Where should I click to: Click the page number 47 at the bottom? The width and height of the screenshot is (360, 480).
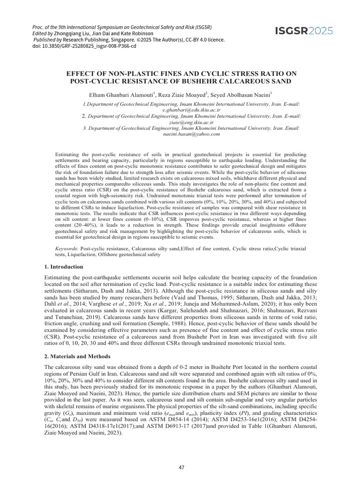pyautogui.click(x=180, y=468)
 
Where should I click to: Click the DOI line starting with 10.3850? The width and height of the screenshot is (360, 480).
pyautogui.click(x=85, y=46)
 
